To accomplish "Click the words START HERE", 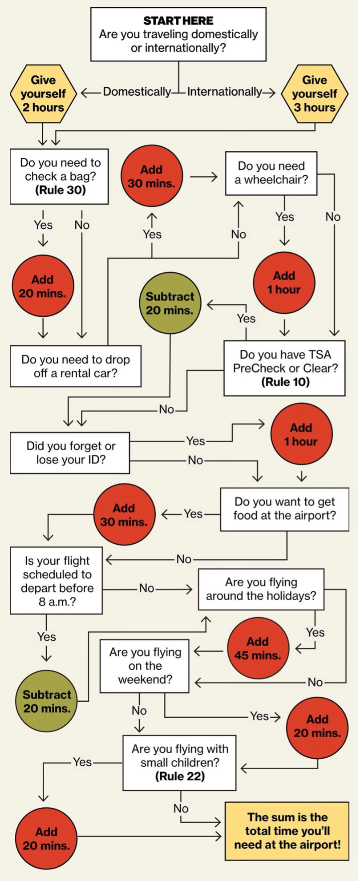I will tap(178, 20).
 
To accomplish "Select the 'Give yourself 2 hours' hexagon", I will tap(43, 94).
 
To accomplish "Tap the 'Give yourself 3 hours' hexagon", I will tap(315, 94).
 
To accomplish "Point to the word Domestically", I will tap(137, 92).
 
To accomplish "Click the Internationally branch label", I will tap(224, 92).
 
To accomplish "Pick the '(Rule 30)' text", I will tap(60, 190).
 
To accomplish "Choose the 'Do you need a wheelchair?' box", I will tap(271, 173).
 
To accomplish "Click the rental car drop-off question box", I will tap(76, 366).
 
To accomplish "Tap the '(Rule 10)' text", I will tap(285, 382).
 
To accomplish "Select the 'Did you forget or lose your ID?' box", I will tap(70, 453).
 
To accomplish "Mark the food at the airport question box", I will tap(284, 509).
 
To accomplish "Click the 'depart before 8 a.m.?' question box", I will tap(57, 581).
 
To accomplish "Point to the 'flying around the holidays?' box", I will tap(261, 589).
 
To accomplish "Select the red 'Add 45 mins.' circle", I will tap(258, 648).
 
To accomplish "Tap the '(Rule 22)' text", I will tap(180, 776).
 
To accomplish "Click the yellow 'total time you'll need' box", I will tap(287, 830).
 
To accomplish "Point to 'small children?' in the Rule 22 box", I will tap(180, 763).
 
